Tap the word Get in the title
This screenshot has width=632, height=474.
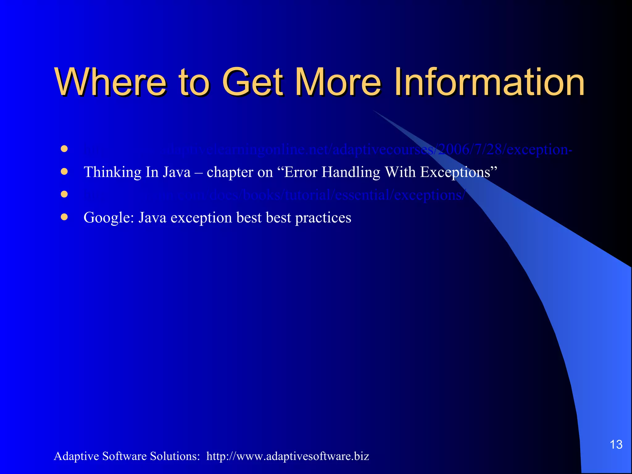252,82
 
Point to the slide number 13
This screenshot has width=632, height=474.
616,445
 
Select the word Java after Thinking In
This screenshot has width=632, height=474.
177,172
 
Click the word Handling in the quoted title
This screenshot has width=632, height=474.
351,172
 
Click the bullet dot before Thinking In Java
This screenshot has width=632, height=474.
64,172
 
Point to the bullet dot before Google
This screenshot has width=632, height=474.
64,217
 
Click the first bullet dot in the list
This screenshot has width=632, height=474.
64,149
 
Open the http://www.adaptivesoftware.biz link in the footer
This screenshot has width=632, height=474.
288,456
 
